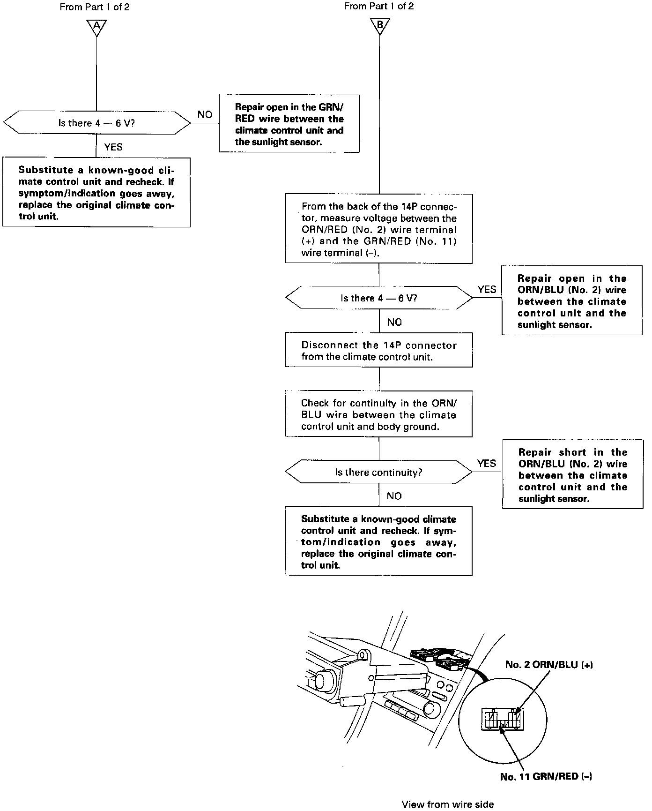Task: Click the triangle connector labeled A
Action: (96, 27)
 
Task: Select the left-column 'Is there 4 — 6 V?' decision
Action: (96, 123)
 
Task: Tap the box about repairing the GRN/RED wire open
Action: (289, 124)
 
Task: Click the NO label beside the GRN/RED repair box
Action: (205, 115)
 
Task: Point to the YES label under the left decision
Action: (113, 147)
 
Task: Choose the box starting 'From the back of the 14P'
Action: (378, 229)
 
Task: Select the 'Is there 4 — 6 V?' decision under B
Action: (378, 298)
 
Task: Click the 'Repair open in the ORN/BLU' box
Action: (571, 301)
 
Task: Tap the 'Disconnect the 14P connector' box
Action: (378, 351)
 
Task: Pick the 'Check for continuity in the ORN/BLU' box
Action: (378, 414)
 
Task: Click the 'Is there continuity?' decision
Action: (378, 473)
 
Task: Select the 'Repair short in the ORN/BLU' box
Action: (572, 474)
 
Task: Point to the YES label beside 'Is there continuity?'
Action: (486, 464)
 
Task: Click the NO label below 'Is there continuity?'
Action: (394, 496)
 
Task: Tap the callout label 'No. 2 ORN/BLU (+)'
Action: (549, 665)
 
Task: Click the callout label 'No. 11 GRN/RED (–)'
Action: (546, 777)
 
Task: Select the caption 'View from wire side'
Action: (447, 804)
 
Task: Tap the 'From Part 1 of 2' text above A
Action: (95, 7)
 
